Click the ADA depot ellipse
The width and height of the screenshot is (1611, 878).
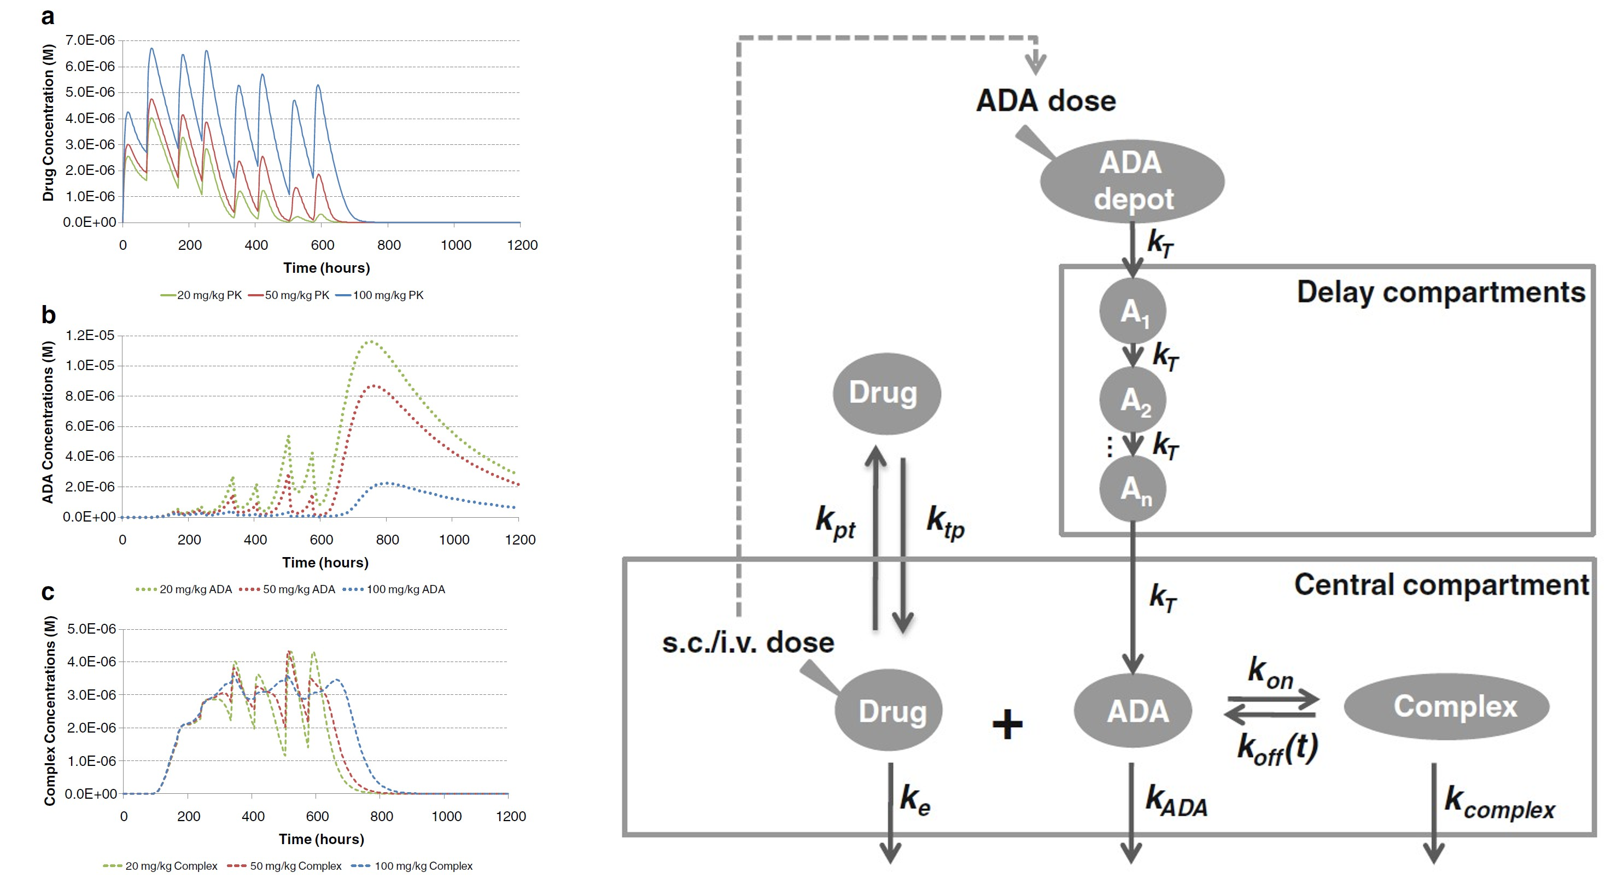(1131, 181)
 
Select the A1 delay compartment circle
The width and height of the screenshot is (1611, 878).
(1133, 311)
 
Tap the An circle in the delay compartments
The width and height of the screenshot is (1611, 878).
(1133, 489)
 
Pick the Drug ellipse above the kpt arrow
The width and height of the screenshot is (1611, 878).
(886, 393)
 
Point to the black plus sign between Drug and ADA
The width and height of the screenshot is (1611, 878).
(1007, 724)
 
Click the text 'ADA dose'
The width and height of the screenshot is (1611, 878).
(1046, 101)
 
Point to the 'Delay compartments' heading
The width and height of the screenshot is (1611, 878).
(1440, 292)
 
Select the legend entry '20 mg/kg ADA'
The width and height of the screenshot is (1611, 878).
(184, 589)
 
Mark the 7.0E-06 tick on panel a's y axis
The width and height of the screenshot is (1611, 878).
(90, 40)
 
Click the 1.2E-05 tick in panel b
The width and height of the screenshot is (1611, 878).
(90, 336)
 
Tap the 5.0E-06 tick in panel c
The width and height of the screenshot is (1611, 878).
(91, 629)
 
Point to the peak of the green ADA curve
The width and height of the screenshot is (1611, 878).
(371, 342)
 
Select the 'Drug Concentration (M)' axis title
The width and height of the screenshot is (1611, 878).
(48, 123)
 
